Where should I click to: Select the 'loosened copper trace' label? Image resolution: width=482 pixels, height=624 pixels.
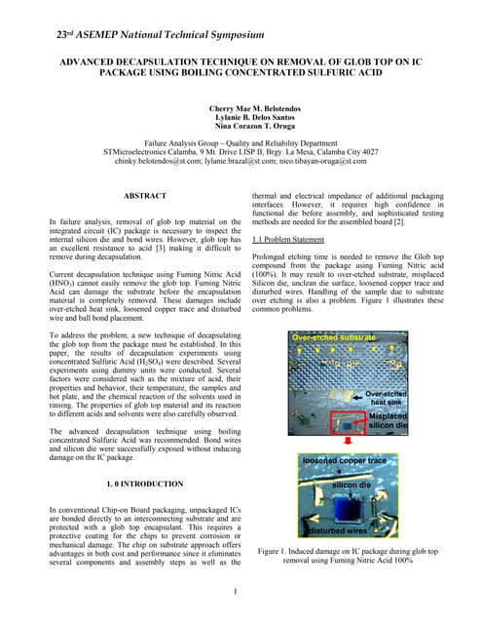click(x=345, y=460)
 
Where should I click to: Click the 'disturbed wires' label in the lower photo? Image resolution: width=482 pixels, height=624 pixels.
click(x=338, y=530)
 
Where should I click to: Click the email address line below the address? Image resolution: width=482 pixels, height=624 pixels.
click(x=240, y=162)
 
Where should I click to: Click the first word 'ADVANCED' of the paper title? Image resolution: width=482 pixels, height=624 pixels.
click(x=96, y=60)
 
